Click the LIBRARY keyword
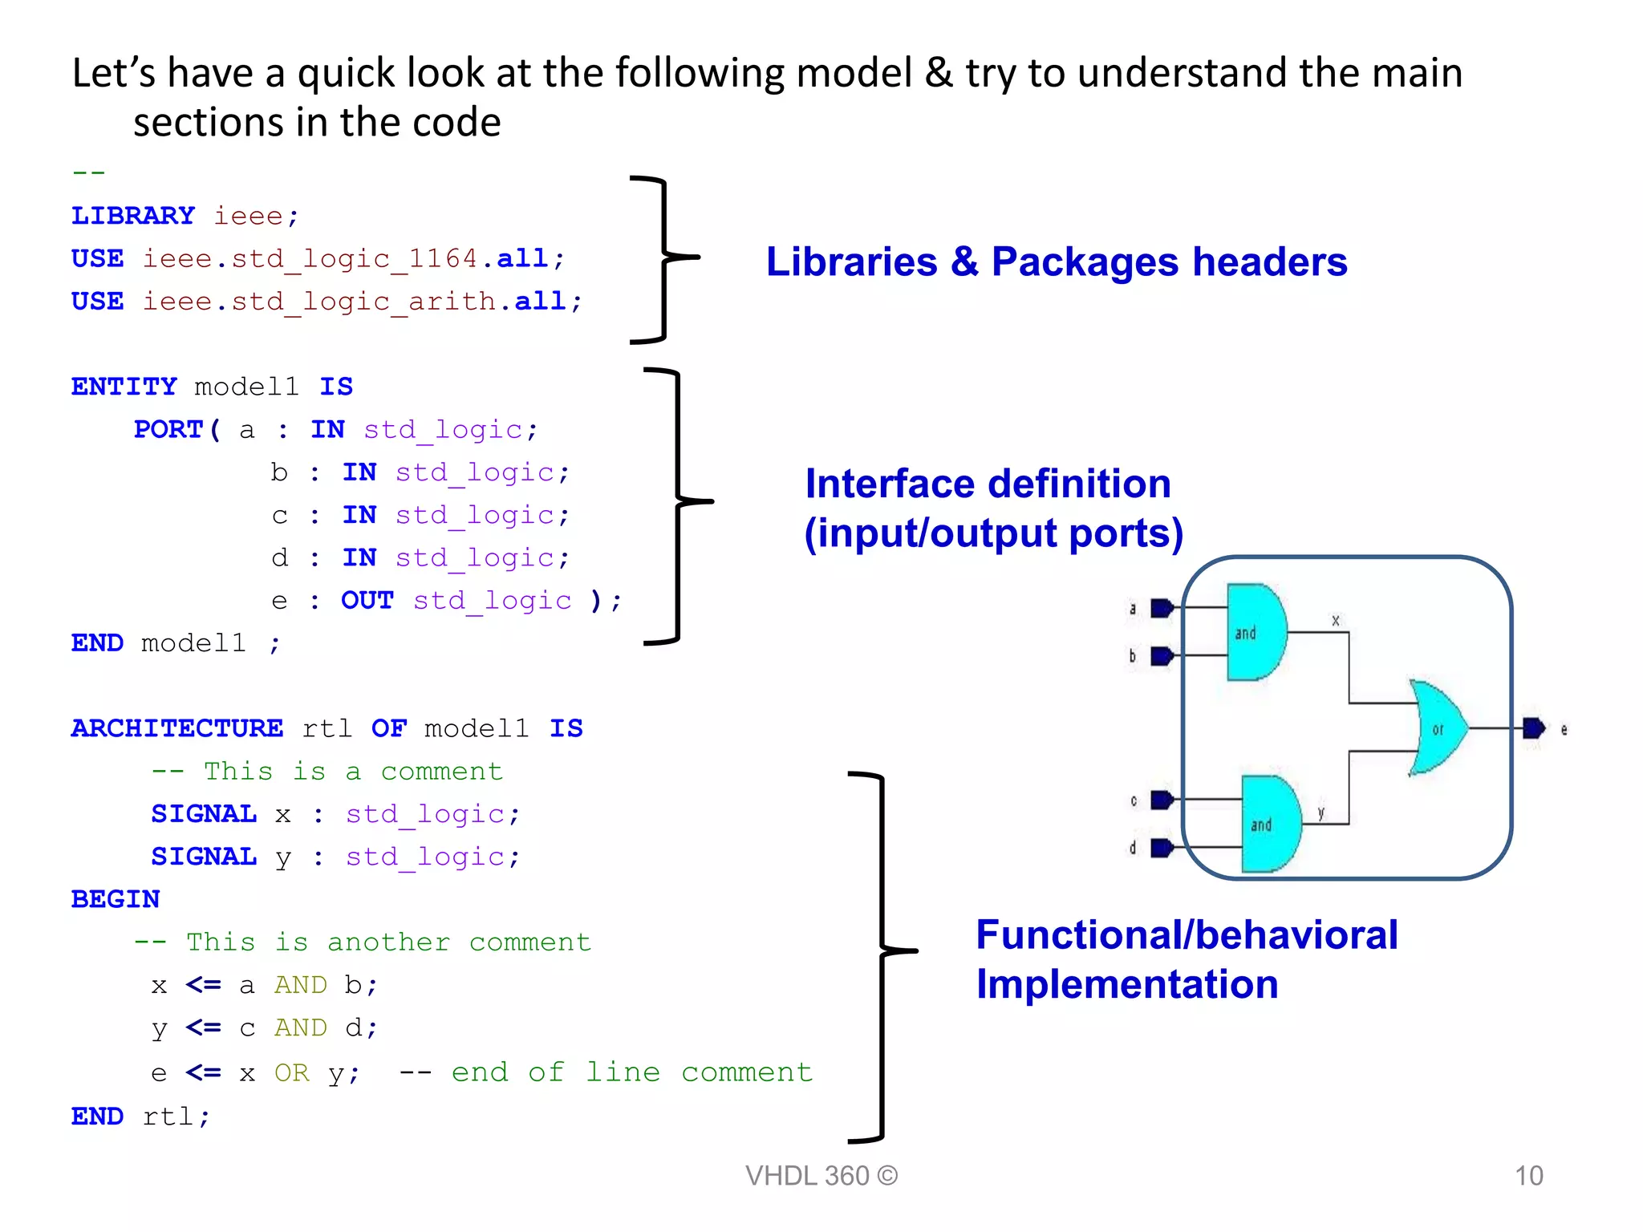pyautogui.click(x=132, y=216)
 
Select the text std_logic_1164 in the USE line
pyautogui.click(x=355, y=259)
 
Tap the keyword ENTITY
pyautogui.click(x=124, y=387)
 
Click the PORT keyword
pyautogui.click(x=168, y=429)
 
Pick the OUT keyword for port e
pyautogui.click(x=367, y=600)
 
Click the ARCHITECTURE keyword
pyautogui.click(x=176, y=728)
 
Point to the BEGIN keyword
pyautogui.click(x=116, y=899)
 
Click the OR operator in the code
pyautogui.click(x=291, y=1072)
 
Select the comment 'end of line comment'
pyautogui.click(x=631, y=1072)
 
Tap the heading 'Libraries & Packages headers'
pyautogui.click(x=1056, y=262)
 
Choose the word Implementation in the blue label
pyautogui.click(x=1126, y=985)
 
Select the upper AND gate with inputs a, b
pyautogui.click(x=1255, y=632)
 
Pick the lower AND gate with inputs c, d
pyautogui.click(x=1269, y=824)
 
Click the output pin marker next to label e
pyautogui.click(x=1533, y=728)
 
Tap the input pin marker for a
pyautogui.click(x=1161, y=609)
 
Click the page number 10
pyautogui.click(x=1528, y=1176)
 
